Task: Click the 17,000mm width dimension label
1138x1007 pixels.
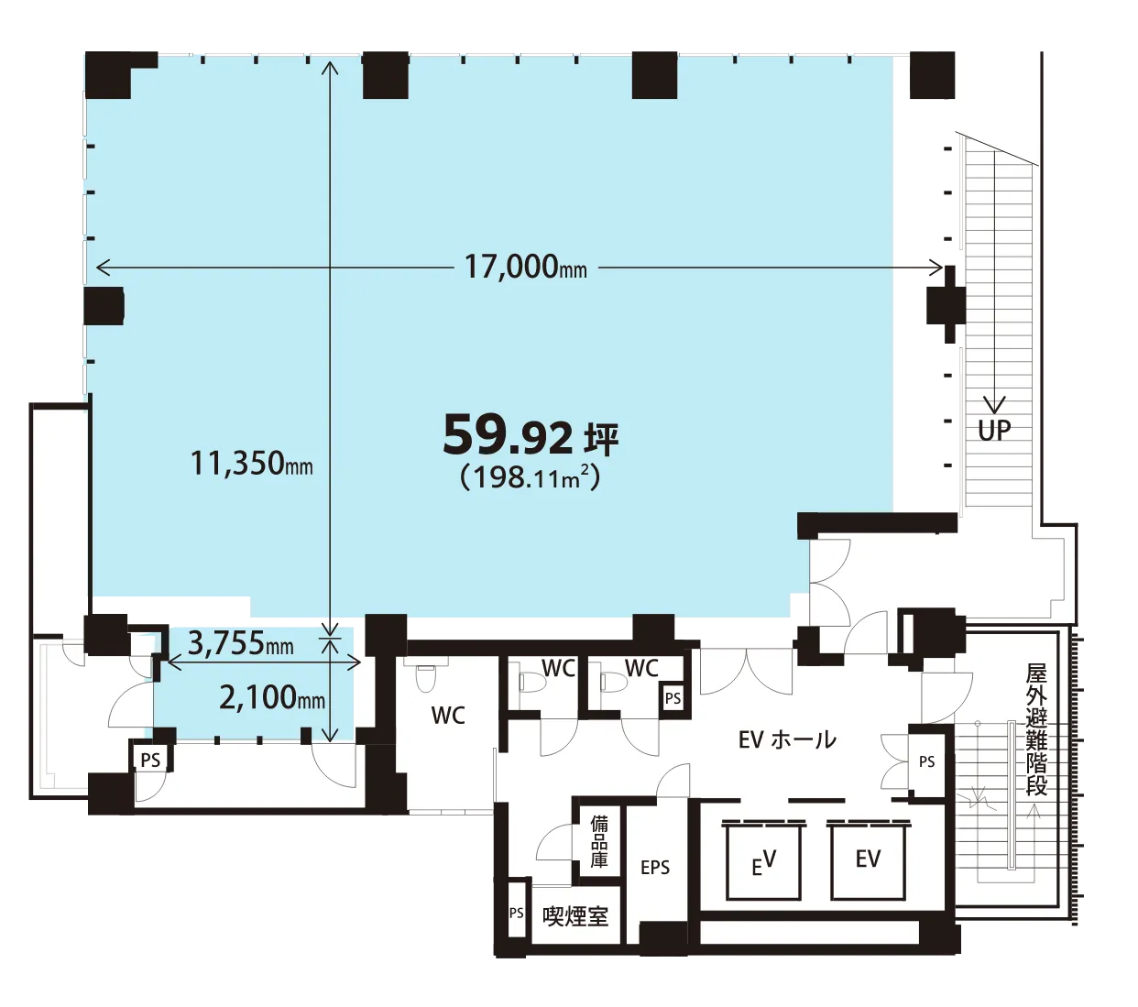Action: [x=525, y=267]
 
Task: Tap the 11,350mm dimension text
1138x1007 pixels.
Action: [x=252, y=464]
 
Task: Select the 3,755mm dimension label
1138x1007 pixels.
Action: [x=240, y=643]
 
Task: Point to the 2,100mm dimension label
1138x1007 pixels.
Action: [x=272, y=698]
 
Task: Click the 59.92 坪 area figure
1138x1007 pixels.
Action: [x=531, y=436]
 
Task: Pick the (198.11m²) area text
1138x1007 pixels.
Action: [x=531, y=478]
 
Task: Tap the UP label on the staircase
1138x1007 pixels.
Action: [x=994, y=431]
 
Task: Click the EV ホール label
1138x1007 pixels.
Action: [x=787, y=740]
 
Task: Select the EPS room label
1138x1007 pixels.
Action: [x=655, y=868]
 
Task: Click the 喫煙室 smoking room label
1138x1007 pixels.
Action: [x=575, y=917]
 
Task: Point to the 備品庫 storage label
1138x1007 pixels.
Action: [x=598, y=842]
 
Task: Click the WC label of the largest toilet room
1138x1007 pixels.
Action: [x=448, y=716]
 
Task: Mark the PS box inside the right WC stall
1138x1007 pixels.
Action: [x=673, y=698]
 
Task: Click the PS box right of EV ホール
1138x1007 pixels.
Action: [x=926, y=761]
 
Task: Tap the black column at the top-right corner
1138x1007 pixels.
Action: [x=932, y=75]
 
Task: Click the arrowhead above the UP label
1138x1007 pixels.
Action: [x=995, y=404]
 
